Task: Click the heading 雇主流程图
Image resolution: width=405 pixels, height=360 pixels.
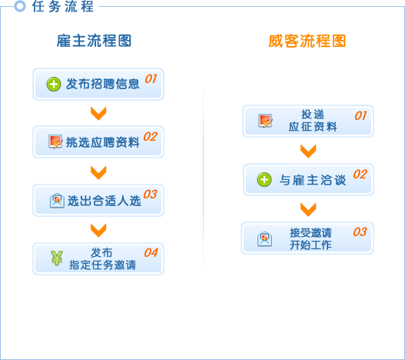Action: pyautogui.click(x=94, y=41)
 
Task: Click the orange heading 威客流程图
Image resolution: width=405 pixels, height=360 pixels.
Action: pyautogui.click(x=307, y=41)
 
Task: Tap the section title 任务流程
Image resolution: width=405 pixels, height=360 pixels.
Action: pyautogui.click(x=62, y=6)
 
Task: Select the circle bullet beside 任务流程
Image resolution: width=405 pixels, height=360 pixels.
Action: pyautogui.click(x=20, y=6)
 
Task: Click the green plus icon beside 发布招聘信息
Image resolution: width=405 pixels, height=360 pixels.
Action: pyautogui.click(x=54, y=84)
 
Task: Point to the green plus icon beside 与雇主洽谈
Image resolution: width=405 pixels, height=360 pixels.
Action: pyautogui.click(x=264, y=179)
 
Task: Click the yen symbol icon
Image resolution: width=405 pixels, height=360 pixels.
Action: pyautogui.click(x=57, y=258)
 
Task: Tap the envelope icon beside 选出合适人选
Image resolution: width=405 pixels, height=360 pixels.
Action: pyautogui.click(x=57, y=201)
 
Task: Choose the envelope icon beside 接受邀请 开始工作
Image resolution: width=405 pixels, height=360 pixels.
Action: pyautogui.click(x=264, y=239)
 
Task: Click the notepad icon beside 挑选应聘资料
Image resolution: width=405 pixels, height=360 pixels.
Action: pyautogui.click(x=55, y=142)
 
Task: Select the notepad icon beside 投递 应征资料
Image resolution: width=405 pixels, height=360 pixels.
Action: pyautogui.click(x=266, y=121)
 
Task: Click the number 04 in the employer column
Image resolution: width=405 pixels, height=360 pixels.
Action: pyautogui.click(x=151, y=252)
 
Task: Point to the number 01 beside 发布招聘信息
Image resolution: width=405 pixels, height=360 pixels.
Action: pyautogui.click(x=151, y=78)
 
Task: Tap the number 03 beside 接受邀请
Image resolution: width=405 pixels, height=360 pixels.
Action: pyautogui.click(x=360, y=232)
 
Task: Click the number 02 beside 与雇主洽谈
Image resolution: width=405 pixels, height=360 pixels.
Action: pyautogui.click(x=360, y=175)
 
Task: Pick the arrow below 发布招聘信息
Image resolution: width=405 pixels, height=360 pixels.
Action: pyautogui.click(x=98, y=113)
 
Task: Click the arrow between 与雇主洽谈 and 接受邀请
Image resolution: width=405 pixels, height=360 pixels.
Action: pyautogui.click(x=308, y=209)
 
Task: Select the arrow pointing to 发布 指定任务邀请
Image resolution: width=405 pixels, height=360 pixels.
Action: pyautogui.click(x=98, y=230)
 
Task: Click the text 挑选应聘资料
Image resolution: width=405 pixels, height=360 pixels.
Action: pyautogui.click(x=103, y=142)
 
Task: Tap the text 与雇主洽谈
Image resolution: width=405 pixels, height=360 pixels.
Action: pyautogui.click(x=313, y=180)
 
